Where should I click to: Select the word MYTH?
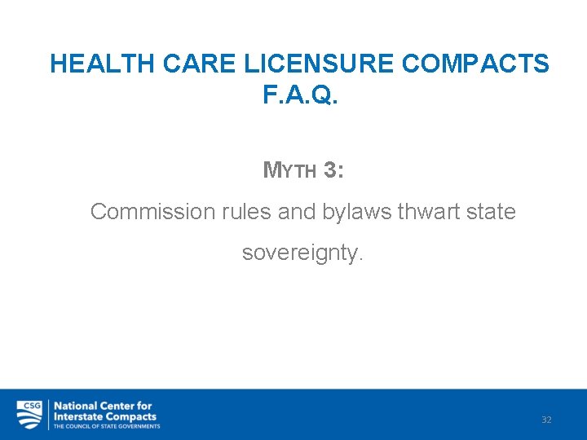289,170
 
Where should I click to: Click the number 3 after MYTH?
329,169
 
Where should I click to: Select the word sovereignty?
302,253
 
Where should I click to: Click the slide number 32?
546,420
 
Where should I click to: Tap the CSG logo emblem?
29,414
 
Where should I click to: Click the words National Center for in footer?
103,405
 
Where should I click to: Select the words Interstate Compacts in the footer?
104,416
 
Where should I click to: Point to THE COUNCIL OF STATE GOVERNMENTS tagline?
107,426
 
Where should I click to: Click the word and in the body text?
296,212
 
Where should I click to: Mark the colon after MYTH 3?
340,171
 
